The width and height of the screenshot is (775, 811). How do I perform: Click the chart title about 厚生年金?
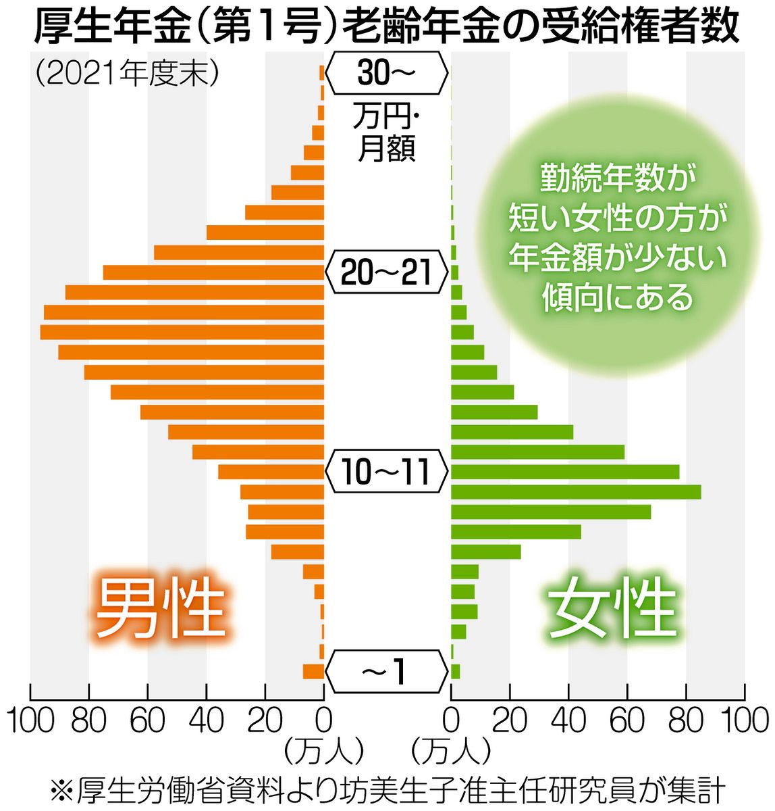pyautogui.click(x=386, y=28)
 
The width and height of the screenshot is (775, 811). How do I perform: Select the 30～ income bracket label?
pyautogui.click(x=386, y=73)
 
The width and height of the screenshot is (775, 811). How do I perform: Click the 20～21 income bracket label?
pyautogui.click(x=386, y=272)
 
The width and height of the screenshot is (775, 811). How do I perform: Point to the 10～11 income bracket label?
pyautogui.click(x=386, y=471)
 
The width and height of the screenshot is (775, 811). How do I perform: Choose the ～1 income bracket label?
pyautogui.click(x=386, y=671)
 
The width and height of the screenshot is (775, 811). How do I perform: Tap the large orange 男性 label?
pyautogui.click(x=160, y=607)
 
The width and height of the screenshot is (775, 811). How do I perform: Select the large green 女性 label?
pyautogui.click(x=612, y=607)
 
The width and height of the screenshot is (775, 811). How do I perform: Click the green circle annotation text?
pyautogui.click(x=617, y=237)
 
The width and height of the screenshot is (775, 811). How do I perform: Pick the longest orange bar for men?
pyautogui.click(x=182, y=332)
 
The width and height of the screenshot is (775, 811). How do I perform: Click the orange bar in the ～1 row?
pyautogui.click(x=313, y=671)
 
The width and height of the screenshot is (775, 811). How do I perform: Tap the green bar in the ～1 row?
pyautogui.click(x=456, y=671)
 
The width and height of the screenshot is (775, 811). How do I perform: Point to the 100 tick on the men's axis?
pyautogui.click(x=30, y=720)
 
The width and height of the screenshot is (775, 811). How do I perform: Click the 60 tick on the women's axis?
pyautogui.click(x=627, y=720)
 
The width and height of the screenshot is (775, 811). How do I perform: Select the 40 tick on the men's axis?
pyautogui.click(x=207, y=720)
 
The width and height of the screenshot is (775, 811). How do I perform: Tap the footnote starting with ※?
pyautogui.click(x=387, y=789)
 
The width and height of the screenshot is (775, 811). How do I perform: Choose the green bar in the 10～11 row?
pyautogui.click(x=564, y=472)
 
